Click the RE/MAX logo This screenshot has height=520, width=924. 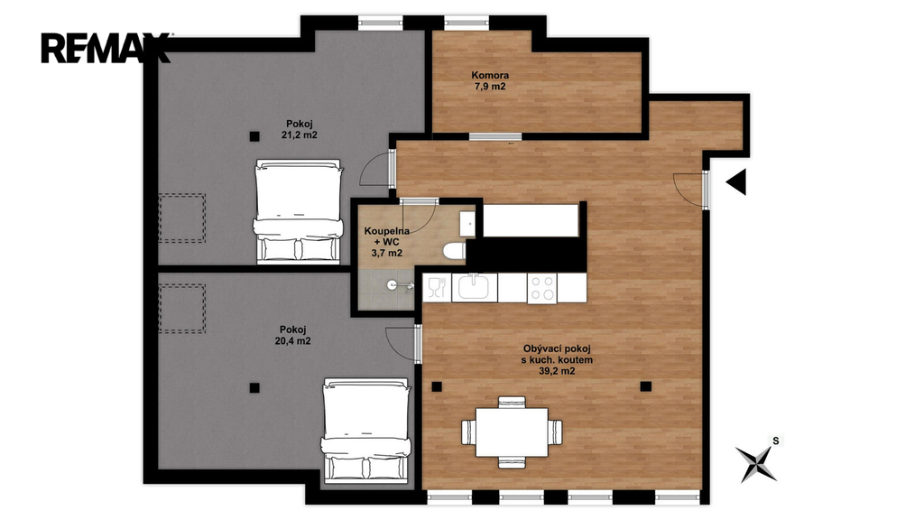pyautogui.click(x=105, y=49)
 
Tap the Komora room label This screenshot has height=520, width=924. pyautogui.click(x=490, y=76)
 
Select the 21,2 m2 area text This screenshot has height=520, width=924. pyautogui.click(x=300, y=135)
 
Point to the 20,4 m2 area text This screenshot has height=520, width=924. pyautogui.click(x=293, y=340)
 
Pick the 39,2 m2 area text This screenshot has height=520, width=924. pyautogui.click(x=557, y=371)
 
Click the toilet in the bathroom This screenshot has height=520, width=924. pyautogui.click(x=454, y=251)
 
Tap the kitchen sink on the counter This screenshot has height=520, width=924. pyautogui.click(x=475, y=288)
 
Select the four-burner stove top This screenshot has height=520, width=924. pyautogui.click(x=542, y=288)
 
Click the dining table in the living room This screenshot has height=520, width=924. pyautogui.click(x=512, y=432)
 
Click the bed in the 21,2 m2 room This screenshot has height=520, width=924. pyautogui.click(x=298, y=210)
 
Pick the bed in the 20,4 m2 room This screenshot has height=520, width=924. pyautogui.click(x=365, y=429)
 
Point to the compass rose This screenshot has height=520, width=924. pyautogui.click(x=757, y=463)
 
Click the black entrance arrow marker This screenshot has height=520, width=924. pyautogui.click(x=737, y=181)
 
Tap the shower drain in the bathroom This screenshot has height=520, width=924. pyautogui.click(x=392, y=284)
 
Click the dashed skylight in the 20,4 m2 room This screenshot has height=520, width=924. pyautogui.click(x=182, y=309)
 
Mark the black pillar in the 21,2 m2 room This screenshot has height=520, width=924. pyautogui.click(x=254, y=136)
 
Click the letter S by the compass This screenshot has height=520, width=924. pyautogui.click(x=776, y=441)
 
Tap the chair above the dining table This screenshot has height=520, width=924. pyautogui.click(x=512, y=402)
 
